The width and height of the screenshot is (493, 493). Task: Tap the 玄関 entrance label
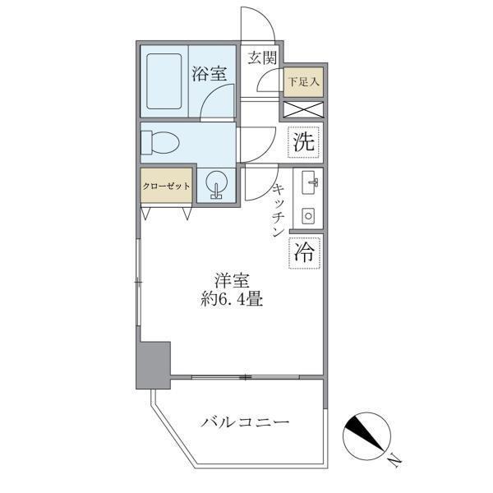pyautogui.click(x=262, y=58)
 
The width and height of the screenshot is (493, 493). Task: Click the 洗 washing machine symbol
pyautogui.click(x=303, y=141)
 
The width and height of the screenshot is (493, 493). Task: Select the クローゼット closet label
pyautogui.click(x=167, y=186)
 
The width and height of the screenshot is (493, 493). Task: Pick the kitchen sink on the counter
pyautogui.click(x=309, y=182)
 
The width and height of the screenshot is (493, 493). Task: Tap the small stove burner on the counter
pyautogui.click(x=309, y=215)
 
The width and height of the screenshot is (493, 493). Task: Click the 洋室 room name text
pyautogui.click(x=233, y=280)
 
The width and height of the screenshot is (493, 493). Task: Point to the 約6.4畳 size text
pyautogui.click(x=233, y=300)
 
